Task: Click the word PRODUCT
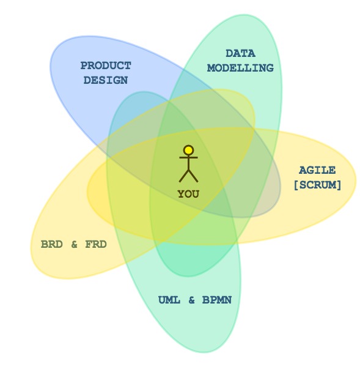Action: tap(106, 65)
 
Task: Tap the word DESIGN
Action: tap(106, 80)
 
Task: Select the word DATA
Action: tap(240, 53)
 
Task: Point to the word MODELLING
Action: tap(240, 68)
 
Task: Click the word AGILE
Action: tap(317, 170)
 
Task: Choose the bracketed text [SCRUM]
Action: tap(317, 185)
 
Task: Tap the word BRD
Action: tap(52, 244)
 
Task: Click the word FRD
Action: tap(96, 244)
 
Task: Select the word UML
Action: tap(169, 300)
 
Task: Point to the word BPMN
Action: tap(217, 300)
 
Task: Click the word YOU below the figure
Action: tap(188, 194)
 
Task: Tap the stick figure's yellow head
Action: tap(188, 150)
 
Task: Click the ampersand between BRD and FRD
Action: tap(74, 244)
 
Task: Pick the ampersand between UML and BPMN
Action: tap(191, 300)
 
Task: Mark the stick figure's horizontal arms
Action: tap(188, 157)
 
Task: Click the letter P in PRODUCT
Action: tap(84, 65)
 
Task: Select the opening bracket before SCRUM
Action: tap(296, 185)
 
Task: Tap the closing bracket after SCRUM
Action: tap(339, 185)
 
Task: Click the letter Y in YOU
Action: tap(181, 194)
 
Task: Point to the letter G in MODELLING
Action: tap(270, 68)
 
